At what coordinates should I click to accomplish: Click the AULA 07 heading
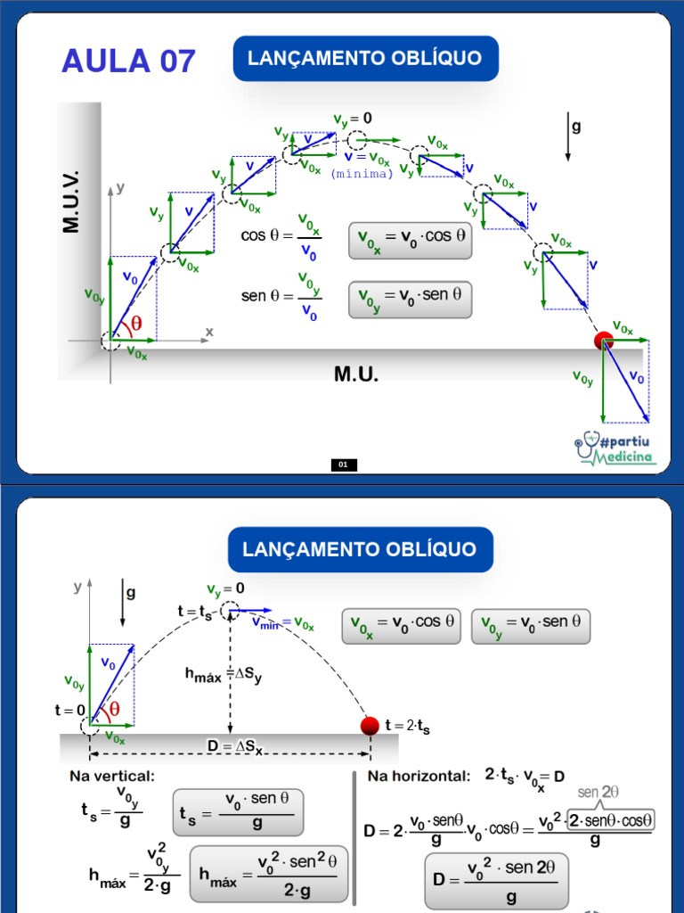click(x=128, y=62)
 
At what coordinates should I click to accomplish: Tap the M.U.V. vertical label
click(x=71, y=202)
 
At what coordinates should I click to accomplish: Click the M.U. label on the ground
click(x=356, y=374)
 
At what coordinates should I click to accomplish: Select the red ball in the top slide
click(x=603, y=341)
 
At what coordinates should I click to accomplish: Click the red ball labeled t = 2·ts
click(x=370, y=726)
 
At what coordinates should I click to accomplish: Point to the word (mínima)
click(x=362, y=174)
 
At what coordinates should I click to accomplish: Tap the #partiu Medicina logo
click(x=615, y=448)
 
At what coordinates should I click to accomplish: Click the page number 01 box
click(x=344, y=465)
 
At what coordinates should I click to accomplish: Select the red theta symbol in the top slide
click(x=136, y=323)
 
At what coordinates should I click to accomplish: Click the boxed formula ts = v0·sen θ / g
click(x=238, y=813)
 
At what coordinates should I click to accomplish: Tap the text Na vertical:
click(x=112, y=777)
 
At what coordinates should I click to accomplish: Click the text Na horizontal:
click(x=419, y=777)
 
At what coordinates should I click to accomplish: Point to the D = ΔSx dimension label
click(x=235, y=747)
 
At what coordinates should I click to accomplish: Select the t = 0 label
click(x=69, y=711)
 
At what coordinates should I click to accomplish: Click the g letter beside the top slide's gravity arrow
click(x=576, y=126)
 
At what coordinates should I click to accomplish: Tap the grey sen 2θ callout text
click(x=598, y=792)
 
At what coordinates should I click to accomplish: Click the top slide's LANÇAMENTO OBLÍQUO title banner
click(x=366, y=58)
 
